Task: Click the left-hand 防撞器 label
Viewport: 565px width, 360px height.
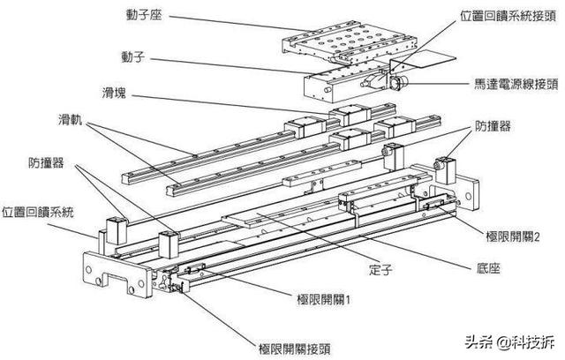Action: [x=47, y=162]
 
